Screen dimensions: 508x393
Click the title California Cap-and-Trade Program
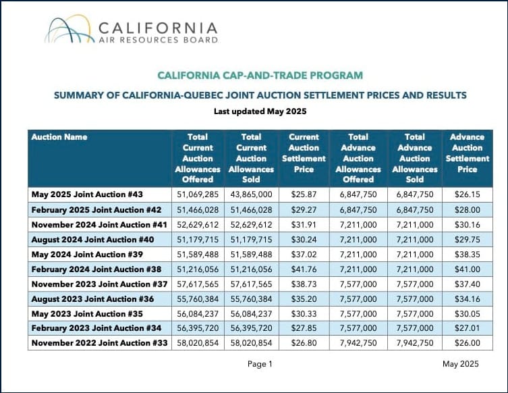coord(260,76)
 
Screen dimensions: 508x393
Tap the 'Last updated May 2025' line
coord(260,111)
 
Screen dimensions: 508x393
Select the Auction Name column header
coord(59,137)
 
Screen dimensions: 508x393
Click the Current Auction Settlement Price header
coord(304,153)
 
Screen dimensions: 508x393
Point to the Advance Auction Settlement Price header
coord(467,153)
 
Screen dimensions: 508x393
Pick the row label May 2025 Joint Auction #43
coord(87,194)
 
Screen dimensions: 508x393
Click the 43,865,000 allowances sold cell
coord(252,194)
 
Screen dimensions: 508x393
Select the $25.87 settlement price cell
coord(304,194)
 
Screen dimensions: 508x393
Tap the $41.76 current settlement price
coord(304,269)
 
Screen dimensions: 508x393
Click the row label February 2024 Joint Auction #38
coord(96,269)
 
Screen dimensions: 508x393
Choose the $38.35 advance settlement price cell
coord(467,255)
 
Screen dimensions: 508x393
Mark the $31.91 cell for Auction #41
coord(304,225)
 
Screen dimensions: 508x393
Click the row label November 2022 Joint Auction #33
coord(99,343)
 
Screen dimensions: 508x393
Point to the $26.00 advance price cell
coord(467,343)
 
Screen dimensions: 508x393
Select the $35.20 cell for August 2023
coord(304,299)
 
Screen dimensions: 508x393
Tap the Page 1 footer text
coord(260,364)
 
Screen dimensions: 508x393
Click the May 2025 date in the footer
coord(461,364)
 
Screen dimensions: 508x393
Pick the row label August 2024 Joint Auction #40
coord(92,240)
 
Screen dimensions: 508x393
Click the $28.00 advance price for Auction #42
coord(467,210)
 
